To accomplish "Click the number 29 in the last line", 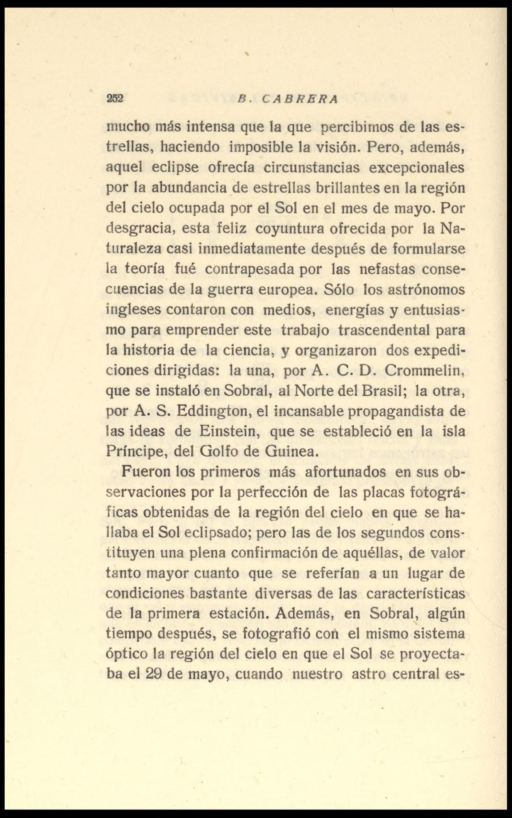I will coord(155,674).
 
